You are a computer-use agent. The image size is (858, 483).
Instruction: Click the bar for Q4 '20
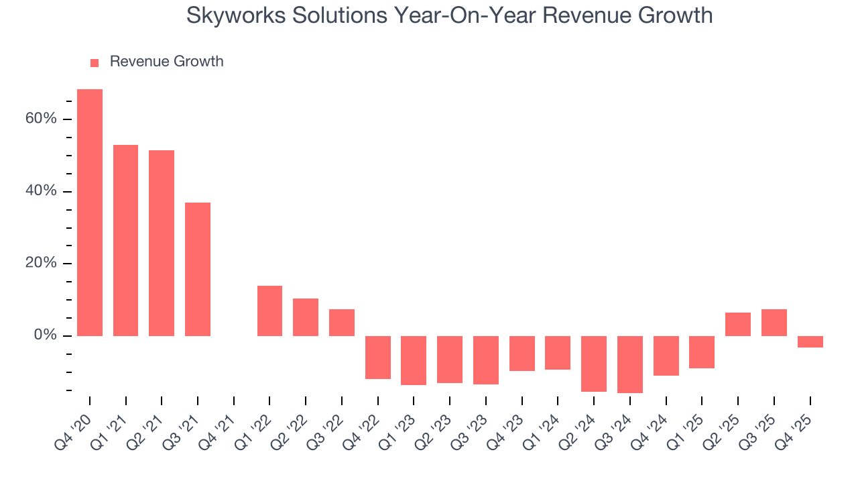coord(90,212)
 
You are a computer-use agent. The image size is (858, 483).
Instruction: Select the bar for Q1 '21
coord(125,240)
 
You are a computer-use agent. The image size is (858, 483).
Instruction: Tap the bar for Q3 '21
coord(198,269)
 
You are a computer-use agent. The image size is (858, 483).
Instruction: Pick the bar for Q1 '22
coord(269,311)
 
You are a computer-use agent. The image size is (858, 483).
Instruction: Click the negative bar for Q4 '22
coord(377,357)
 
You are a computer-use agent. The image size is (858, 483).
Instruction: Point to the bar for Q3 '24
coord(629,364)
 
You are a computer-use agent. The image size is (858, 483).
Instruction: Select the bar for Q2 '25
coord(737,324)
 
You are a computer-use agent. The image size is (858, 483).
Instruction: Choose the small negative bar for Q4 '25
coord(810,341)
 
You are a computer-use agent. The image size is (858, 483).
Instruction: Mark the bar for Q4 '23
coord(522,353)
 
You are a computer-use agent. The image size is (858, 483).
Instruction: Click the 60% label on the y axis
coord(41,119)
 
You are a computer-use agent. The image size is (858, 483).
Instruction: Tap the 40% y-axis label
coord(41,191)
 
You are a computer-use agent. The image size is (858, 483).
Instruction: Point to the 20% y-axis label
coord(41,263)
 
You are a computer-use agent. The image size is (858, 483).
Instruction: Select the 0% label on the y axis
coord(45,335)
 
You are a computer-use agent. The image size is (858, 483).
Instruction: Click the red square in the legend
coord(95,62)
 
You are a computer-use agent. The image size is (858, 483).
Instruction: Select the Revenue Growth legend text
coord(166,62)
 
